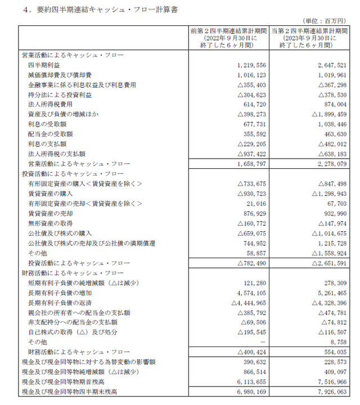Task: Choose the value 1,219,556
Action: pyautogui.click(x=244, y=65)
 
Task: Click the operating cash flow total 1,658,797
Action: pyautogui.click(x=244, y=164)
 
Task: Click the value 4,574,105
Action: pyautogui.click(x=244, y=293)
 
